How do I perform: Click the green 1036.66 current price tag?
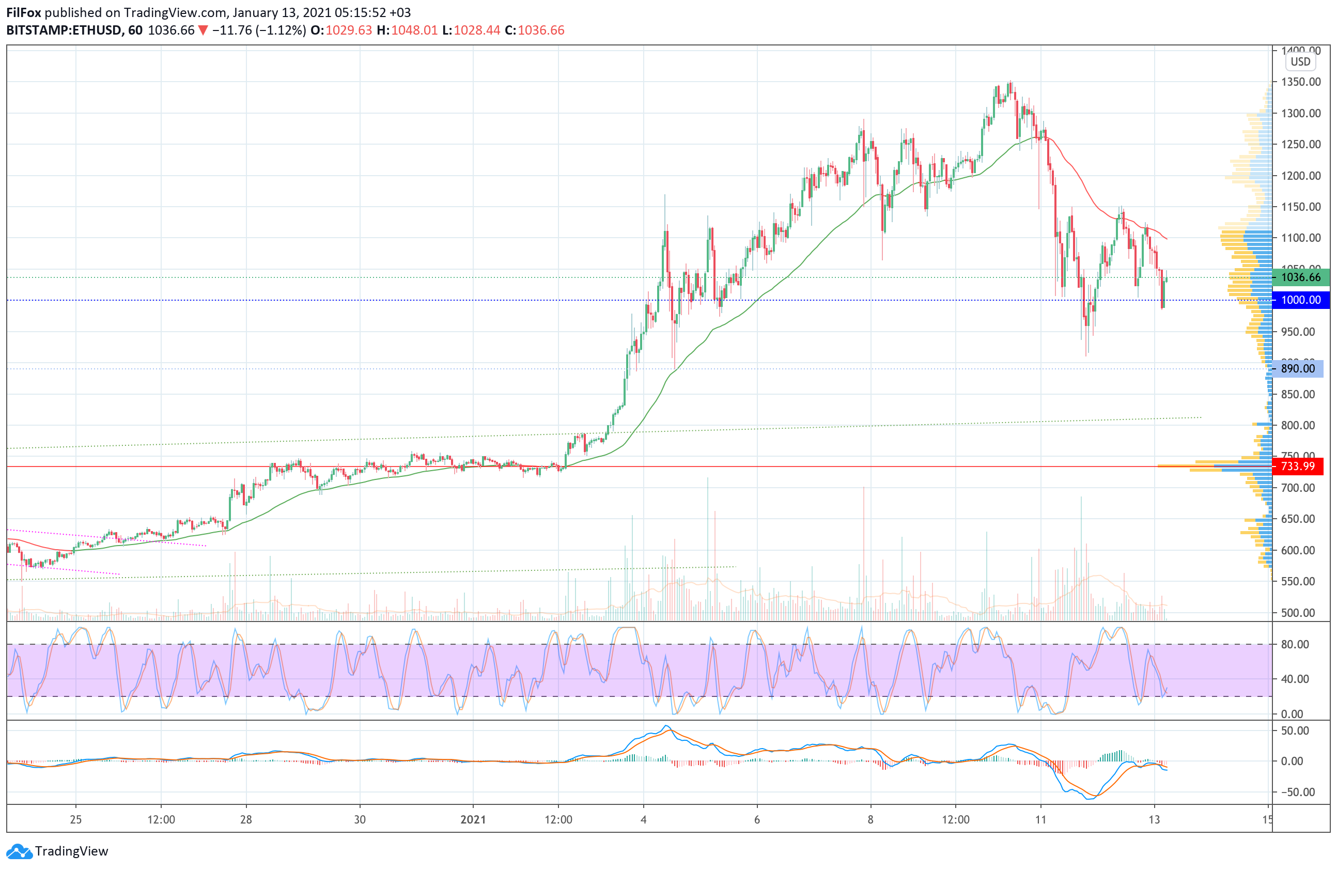coord(1300,277)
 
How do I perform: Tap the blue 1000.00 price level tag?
coord(1300,300)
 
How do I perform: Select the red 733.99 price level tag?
coord(1300,466)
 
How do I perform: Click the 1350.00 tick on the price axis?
coord(1300,82)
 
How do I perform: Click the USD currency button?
coord(1300,62)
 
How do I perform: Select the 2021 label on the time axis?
coord(473,819)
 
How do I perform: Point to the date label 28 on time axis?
coord(246,819)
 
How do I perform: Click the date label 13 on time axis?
coord(1154,819)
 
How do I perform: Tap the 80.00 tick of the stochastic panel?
coord(1294,644)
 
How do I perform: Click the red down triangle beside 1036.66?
coord(203,30)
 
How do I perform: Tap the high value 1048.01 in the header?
coord(414,30)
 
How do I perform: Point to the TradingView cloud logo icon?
coord(19,851)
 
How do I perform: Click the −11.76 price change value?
coord(232,30)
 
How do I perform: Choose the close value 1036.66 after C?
coord(541,30)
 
